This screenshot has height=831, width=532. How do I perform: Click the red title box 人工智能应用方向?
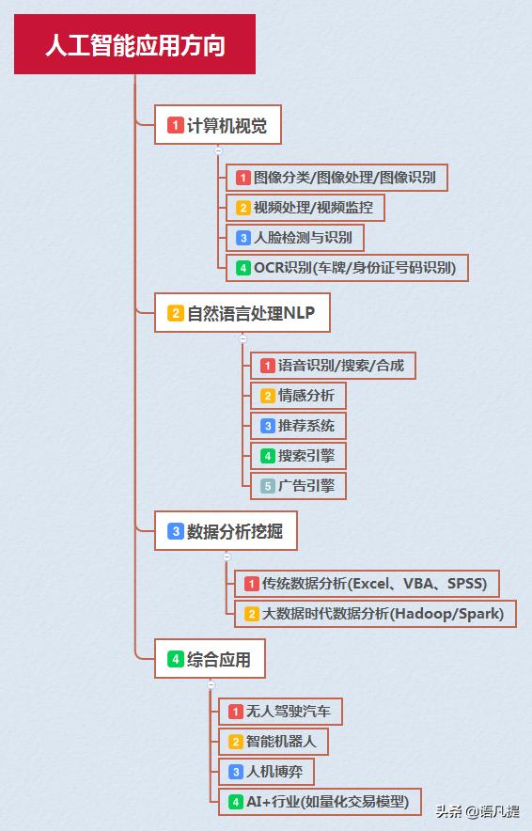(x=134, y=44)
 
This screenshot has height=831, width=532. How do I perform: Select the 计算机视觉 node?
(x=217, y=124)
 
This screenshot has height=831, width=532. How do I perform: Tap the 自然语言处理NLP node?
(x=243, y=313)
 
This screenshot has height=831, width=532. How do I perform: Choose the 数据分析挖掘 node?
(x=226, y=531)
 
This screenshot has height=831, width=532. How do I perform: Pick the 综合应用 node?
(x=210, y=659)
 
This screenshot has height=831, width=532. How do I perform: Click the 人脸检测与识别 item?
(x=294, y=238)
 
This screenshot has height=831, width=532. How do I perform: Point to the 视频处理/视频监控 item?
(x=305, y=207)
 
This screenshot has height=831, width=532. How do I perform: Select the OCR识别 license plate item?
(x=347, y=268)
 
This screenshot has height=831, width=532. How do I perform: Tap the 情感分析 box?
(x=298, y=396)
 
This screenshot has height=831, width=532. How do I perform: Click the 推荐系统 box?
(x=298, y=426)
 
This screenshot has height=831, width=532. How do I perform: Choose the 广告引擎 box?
(x=298, y=486)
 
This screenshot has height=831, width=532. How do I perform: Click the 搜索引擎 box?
(x=298, y=456)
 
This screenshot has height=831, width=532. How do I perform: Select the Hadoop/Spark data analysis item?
(x=375, y=614)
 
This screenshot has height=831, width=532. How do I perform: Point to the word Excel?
(x=370, y=584)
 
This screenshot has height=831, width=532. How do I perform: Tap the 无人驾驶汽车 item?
(x=280, y=712)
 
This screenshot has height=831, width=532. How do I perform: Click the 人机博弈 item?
(x=267, y=772)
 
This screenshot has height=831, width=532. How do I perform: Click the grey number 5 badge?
(x=268, y=486)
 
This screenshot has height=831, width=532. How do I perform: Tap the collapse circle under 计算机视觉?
(x=218, y=151)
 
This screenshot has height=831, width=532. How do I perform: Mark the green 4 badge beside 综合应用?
(x=176, y=659)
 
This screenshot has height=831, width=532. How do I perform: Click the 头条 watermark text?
(x=448, y=811)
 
